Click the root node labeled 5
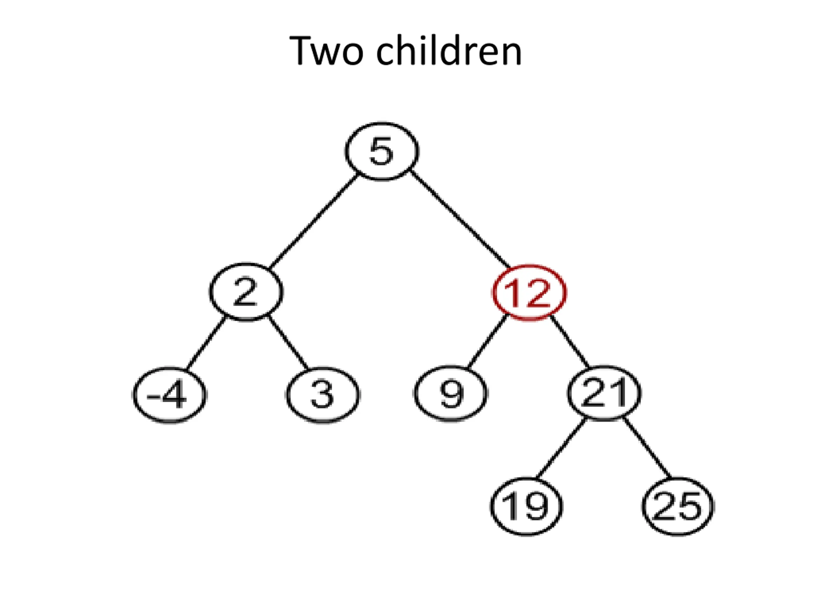pyautogui.click(x=382, y=151)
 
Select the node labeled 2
pyautogui.click(x=246, y=292)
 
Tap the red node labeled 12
pyautogui.click(x=529, y=293)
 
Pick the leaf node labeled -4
pyautogui.click(x=170, y=395)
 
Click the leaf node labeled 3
pyautogui.click(x=323, y=395)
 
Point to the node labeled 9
pyautogui.click(x=451, y=394)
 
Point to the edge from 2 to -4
pyautogui.click(x=206, y=343)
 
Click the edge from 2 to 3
pyautogui.click(x=288, y=343)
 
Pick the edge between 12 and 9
pyautogui.click(x=487, y=342)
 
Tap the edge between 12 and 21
pyautogui.click(x=570, y=342)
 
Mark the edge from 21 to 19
pyautogui.click(x=561, y=449)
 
